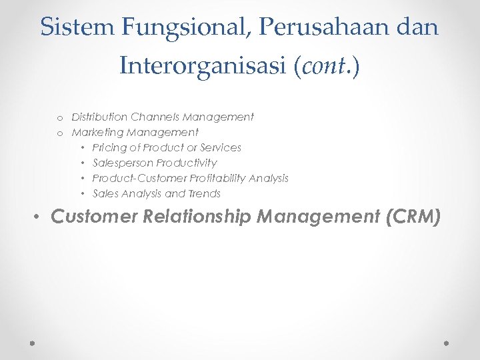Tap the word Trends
[x=204, y=193]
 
